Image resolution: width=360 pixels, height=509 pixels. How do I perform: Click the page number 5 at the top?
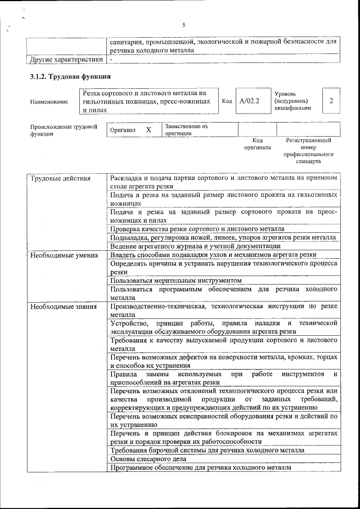pos(184,24)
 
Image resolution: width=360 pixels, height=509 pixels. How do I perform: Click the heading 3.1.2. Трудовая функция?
pos(70,76)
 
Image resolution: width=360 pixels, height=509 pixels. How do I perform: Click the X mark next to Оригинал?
pos(148,130)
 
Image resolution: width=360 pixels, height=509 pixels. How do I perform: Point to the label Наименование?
pos(49,102)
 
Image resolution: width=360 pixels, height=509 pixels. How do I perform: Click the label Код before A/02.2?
pos(227,101)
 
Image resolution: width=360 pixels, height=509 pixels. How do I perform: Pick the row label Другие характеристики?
pos(66,58)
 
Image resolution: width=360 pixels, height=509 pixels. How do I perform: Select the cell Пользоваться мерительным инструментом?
pos(176,280)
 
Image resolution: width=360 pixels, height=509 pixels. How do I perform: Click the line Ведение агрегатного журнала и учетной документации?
pos(195,246)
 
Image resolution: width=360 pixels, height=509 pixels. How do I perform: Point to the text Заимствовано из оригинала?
pos(186,130)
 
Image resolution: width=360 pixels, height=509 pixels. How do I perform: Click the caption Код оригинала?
pos(257,143)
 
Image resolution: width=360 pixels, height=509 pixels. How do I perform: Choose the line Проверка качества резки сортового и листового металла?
pos(197,229)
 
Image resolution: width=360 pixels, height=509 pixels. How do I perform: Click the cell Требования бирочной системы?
pos(208,451)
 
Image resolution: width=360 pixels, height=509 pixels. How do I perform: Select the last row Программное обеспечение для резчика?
pos(201,467)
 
